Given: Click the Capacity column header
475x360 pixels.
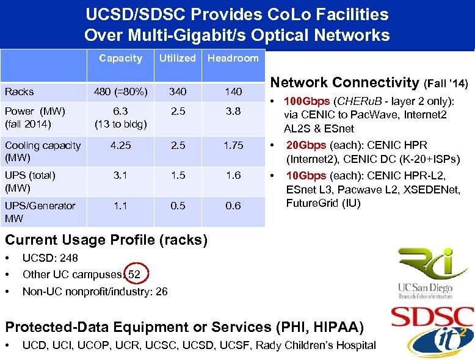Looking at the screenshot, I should pyautogui.click(x=120, y=59).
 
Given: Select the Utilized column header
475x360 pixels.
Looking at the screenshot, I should pyautogui.click(x=177, y=59).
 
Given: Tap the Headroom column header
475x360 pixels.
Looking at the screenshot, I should pyautogui.click(x=233, y=59).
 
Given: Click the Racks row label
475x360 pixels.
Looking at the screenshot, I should pyautogui.click(x=20, y=92).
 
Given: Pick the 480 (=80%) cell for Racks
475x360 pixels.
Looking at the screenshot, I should pyautogui.click(x=120, y=92).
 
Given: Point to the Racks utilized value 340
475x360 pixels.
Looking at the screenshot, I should pyautogui.click(x=177, y=92).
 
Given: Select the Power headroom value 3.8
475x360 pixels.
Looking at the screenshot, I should pyautogui.click(x=233, y=112).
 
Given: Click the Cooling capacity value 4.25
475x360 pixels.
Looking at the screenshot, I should pyautogui.click(x=120, y=145).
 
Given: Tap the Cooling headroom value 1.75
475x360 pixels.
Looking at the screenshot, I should pyautogui.click(x=233, y=145).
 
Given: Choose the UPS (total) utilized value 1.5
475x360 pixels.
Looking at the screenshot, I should pyautogui.click(x=177, y=175).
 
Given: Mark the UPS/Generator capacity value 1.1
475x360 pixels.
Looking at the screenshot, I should pyautogui.click(x=120, y=206).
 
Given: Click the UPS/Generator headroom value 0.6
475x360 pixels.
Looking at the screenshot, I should pyautogui.click(x=233, y=206).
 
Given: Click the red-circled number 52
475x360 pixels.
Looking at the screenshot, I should pyautogui.click(x=134, y=275).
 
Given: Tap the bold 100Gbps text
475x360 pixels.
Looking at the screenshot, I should pyautogui.click(x=308, y=101).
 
